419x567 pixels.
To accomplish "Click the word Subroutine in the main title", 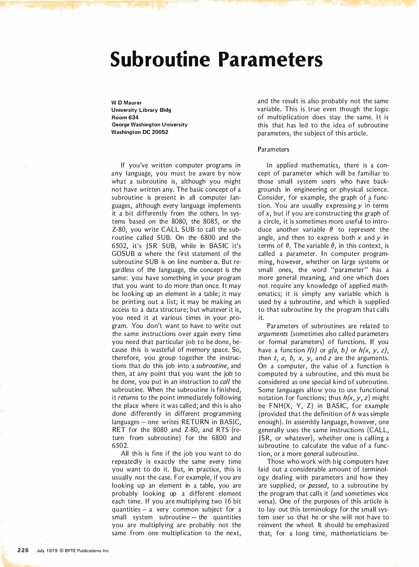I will (x=160, y=59).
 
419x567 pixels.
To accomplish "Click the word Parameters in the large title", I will (x=270, y=60).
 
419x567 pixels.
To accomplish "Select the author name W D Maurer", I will (x=126, y=103).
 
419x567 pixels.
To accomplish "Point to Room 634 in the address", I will (x=125, y=117).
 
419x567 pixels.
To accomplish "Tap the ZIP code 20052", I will (x=160, y=132).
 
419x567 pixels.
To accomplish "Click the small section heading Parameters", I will (x=273, y=149).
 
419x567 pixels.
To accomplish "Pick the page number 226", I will (x=23, y=550).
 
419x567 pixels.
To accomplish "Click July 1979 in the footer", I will (x=47, y=551).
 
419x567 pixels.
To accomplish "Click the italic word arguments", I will (x=269, y=334).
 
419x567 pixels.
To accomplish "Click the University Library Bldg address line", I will (x=141, y=110).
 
